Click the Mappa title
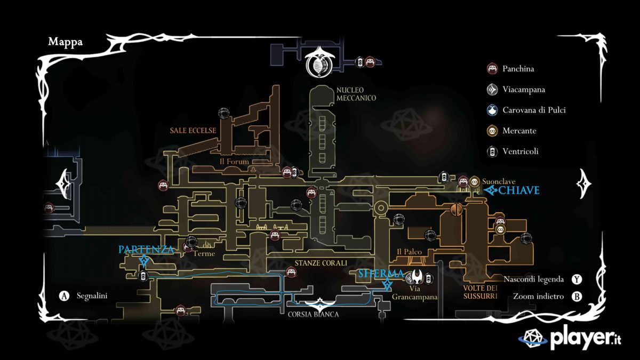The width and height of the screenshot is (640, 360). (x=65, y=42)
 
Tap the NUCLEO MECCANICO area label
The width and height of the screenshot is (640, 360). (x=356, y=94)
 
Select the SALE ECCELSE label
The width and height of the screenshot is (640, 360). (x=193, y=130)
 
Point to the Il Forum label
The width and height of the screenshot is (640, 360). (x=234, y=162)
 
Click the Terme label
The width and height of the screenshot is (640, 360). (x=204, y=254)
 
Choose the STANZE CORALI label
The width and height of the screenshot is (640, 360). (x=321, y=263)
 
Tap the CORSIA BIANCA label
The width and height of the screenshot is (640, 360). (x=313, y=314)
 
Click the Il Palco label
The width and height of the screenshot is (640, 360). (x=410, y=252)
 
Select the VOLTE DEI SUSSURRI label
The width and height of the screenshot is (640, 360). (x=480, y=292)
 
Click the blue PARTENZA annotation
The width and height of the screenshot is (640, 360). (x=146, y=250)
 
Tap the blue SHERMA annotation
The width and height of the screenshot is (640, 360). (x=381, y=274)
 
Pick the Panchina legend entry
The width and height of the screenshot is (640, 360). (x=518, y=69)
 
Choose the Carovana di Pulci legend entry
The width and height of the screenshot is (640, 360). (x=534, y=110)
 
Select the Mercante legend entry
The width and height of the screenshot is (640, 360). (x=519, y=131)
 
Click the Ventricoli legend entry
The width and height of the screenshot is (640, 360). (x=520, y=151)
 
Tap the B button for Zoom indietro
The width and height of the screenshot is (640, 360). (x=577, y=297)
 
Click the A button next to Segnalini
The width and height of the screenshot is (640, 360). (x=65, y=295)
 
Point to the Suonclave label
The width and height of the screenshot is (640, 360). (x=499, y=181)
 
